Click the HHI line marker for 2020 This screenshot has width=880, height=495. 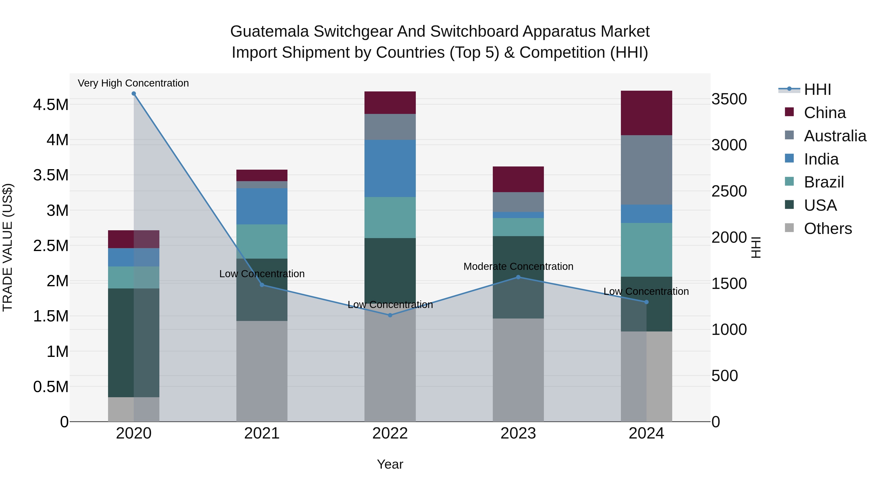(x=133, y=94)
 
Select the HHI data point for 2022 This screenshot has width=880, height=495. (x=390, y=315)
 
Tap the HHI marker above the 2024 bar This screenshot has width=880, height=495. (x=646, y=302)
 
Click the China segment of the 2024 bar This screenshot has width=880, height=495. (x=646, y=113)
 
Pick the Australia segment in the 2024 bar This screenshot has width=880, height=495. (x=646, y=170)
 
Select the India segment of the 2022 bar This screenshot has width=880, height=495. (x=390, y=168)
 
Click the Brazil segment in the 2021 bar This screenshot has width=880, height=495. (x=262, y=241)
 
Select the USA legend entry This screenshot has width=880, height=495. (x=820, y=205)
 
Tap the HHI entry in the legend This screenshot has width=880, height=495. (x=817, y=89)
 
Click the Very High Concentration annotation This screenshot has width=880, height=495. (x=133, y=83)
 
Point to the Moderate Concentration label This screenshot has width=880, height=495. (x=518, y=266)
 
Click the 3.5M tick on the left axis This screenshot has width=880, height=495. (x=51, y=175)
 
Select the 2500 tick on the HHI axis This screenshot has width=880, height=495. (x=729, y=191)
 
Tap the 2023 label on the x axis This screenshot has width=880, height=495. (x=518, y=433)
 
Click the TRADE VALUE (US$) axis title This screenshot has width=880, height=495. (x=8, y=247)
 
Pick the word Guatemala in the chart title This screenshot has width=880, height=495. (x=270, y=32)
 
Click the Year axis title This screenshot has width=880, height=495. (x=390, y=464)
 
